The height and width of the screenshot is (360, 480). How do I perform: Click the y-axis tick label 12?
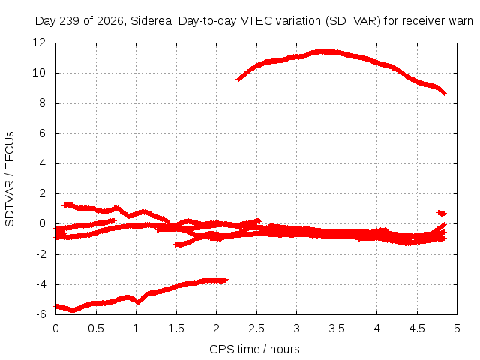[x=39, y=43]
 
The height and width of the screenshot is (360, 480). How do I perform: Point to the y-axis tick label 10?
[x=39, y=73]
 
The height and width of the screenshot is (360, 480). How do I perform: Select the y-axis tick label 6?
[x=42, y=133]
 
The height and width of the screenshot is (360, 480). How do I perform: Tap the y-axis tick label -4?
[x=40, y=284]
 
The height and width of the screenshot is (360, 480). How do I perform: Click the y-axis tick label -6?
[x=40, y=314]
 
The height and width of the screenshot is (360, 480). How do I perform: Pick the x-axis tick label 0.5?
[x=96, y=328]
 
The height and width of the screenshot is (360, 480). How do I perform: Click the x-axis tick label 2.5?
[x=256, y=328]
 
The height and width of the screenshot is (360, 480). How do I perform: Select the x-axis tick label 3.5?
[x=337, y=328]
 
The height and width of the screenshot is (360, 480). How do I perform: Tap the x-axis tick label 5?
[x=457, y=328]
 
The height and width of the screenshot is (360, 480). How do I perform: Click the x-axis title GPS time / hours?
[x=254, y=349]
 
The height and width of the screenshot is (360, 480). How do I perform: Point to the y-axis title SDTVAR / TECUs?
[x=10, y=179]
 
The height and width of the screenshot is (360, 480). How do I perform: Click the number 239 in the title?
[x=70, y=21]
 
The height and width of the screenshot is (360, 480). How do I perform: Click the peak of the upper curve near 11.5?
[x=320, y=51]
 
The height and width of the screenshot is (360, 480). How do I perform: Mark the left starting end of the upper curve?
[x=238, y=79]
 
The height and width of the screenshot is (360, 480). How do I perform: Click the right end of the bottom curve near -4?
[x=226, y=280]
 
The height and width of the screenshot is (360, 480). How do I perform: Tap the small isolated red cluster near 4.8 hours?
[x=442, y=213]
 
